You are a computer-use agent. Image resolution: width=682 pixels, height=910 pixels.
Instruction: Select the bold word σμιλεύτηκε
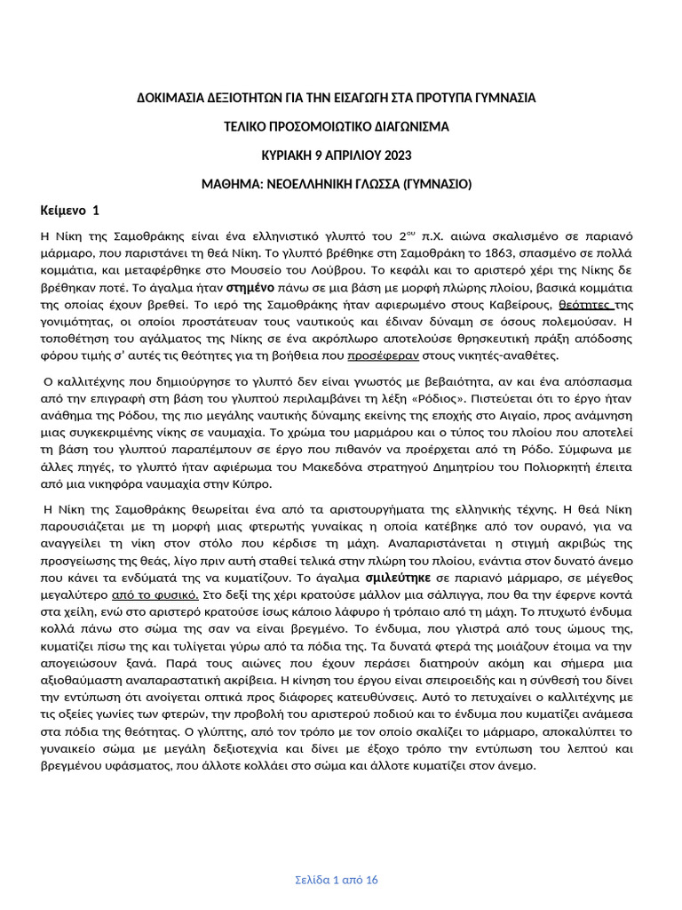(393, 576)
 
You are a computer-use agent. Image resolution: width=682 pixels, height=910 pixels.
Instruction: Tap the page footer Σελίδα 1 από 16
(337, 880)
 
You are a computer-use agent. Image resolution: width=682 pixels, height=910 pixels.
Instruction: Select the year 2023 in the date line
(397, 156)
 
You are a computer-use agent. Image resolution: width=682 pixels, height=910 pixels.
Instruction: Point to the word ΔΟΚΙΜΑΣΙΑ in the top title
(167, 96)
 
